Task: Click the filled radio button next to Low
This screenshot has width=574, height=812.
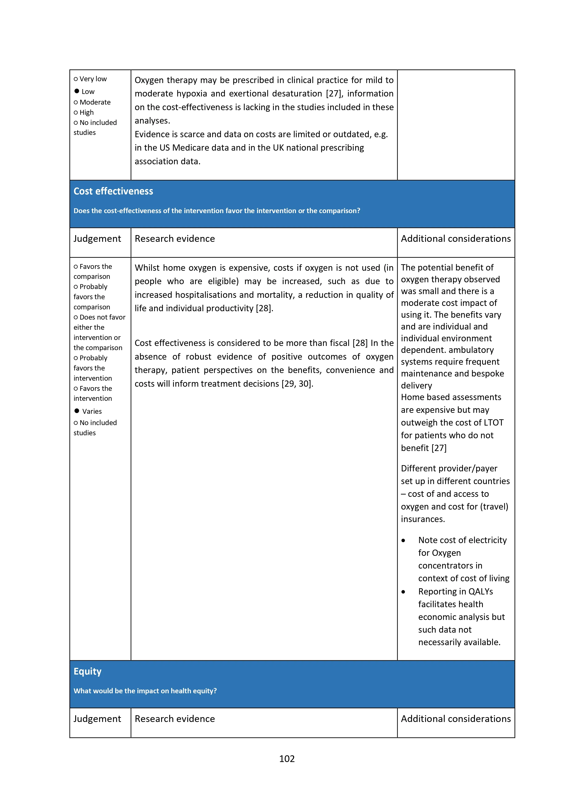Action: tap(77, 91)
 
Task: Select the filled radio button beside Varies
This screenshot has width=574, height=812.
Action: tap(77, 411)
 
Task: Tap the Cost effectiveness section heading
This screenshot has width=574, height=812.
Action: tap(113, 191)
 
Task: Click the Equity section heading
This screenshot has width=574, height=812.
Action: tap(87, 671)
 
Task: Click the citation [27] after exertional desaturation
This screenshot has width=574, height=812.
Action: tap(334, 94)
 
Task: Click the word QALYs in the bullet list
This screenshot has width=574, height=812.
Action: tap(481, 592)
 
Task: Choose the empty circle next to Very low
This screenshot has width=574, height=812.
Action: tap(76, 79)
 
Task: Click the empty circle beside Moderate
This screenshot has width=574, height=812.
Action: tap(76, 103)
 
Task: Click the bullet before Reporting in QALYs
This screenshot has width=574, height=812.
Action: tap(403, 592)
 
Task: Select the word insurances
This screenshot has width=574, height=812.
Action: tap(423, 519)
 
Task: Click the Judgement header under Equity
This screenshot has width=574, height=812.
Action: tap(97, 719)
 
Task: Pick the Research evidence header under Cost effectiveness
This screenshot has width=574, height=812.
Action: tap(175, 239)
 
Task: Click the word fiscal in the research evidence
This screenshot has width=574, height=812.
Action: tap(339, 343)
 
